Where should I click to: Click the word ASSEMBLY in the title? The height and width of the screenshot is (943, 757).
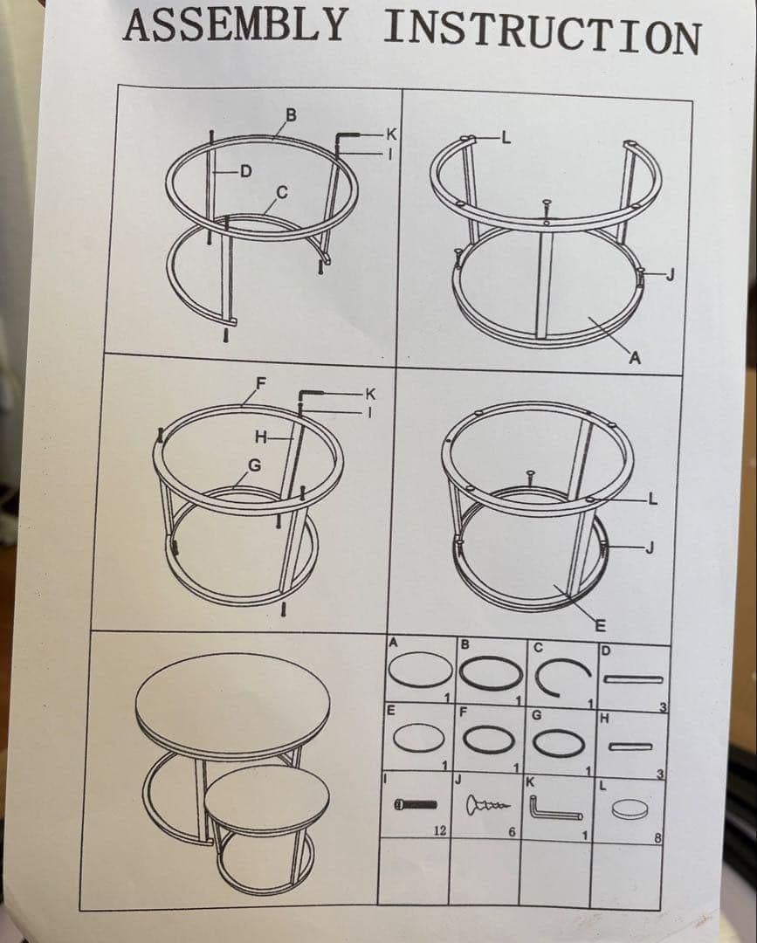[236, 25]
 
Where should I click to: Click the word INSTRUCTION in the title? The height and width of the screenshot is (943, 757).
[542, 33]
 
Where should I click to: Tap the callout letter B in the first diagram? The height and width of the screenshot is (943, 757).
[291, 115]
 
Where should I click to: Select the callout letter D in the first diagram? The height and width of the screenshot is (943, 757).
[246, 172]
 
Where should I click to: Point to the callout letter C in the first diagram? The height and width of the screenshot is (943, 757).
[282, 193]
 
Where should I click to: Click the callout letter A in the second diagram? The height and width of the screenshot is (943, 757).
[635, 359]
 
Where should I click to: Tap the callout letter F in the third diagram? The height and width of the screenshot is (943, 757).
[261, 383]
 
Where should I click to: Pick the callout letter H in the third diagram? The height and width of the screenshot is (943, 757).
[261, 437]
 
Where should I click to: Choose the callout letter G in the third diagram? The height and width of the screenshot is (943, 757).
[255, 465]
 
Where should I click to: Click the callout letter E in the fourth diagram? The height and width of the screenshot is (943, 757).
[600, 626]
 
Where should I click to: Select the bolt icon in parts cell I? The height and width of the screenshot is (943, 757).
[415, 804]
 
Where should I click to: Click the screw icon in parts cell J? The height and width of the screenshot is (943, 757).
[487, 805]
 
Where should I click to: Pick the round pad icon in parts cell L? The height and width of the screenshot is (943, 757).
[630, 809]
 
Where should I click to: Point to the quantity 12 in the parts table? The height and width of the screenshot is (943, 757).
[440, 830]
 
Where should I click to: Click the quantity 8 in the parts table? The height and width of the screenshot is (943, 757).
[657, 837]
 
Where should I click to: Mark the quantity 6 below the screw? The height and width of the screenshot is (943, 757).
[512, 832]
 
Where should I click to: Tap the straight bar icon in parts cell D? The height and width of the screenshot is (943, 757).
[634, 679]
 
